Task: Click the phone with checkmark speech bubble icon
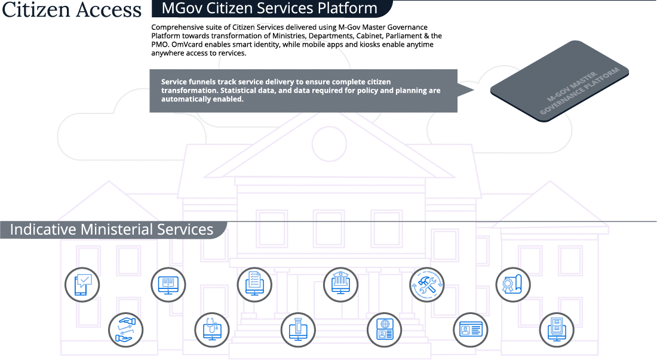point(82,285)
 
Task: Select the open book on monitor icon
point(168,285)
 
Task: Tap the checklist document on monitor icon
point(254,285)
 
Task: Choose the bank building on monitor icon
point(340,285)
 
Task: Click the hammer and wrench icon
point(427,285)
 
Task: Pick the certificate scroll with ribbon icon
point(513,285)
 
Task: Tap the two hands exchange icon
point(125,330)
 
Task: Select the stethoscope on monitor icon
point(212,330)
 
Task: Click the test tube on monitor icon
point(298,330)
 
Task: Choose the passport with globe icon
point(384,330)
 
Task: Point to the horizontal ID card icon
point(471,330)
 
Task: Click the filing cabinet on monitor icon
point(557,330)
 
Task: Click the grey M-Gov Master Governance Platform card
point(560,81)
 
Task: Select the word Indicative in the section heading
point(43,229)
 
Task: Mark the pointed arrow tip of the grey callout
point(474,90)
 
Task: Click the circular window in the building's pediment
point(329,143)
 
